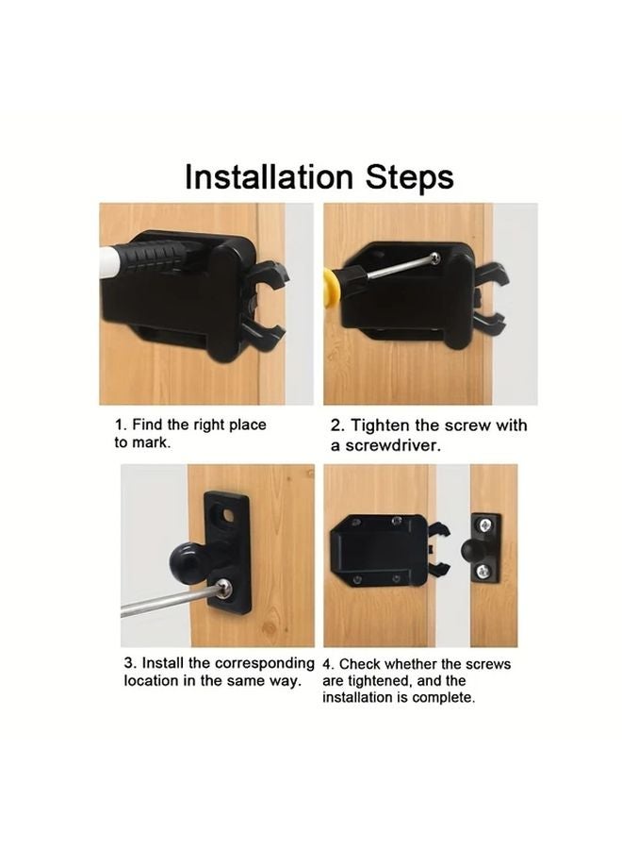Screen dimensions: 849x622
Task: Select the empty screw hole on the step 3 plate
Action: pos(226,515)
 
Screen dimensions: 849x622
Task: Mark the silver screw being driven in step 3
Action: pos(224,590)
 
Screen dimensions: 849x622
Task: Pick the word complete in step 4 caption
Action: pos(446,698)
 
